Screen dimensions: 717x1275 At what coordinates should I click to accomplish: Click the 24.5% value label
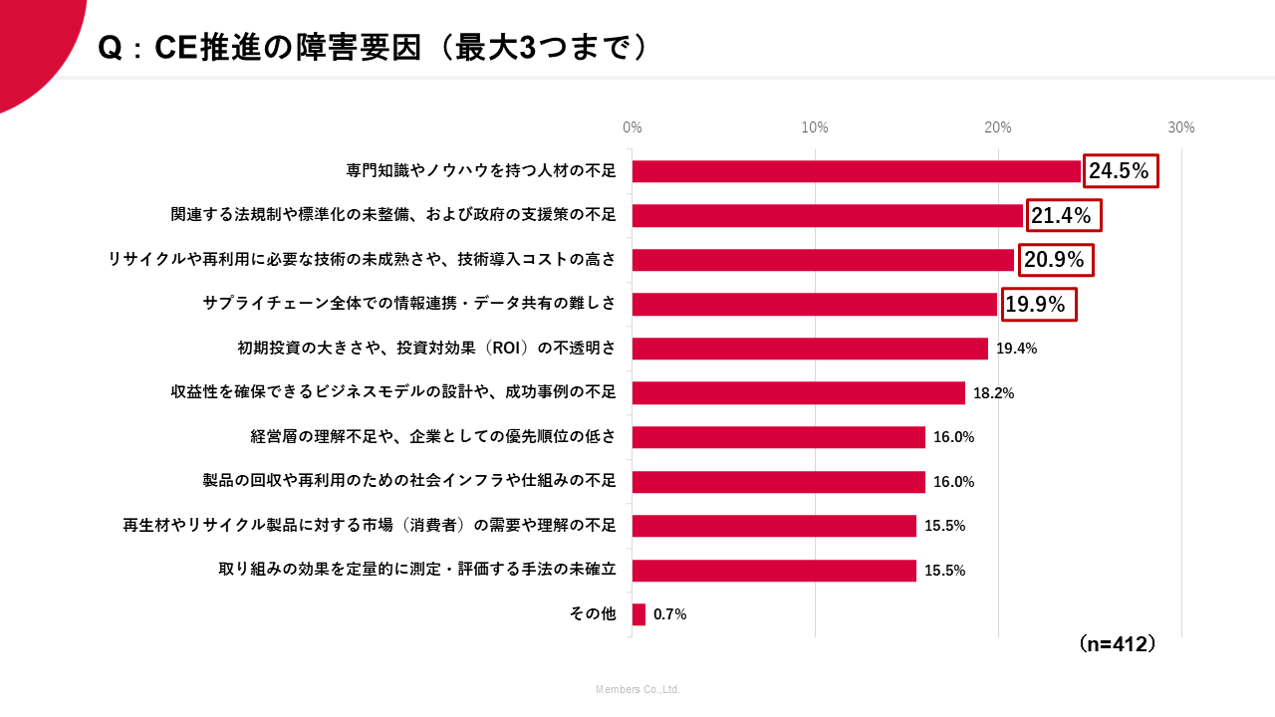point(1120,171)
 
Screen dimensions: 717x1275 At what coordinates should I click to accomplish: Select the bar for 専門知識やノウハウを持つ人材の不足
point(856,171)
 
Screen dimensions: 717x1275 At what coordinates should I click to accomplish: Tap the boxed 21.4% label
point(1062,215)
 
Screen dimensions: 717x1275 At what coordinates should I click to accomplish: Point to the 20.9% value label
point(1054,260)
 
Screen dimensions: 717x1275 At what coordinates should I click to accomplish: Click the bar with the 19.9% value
point(814,304)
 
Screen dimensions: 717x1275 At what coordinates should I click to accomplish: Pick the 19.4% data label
point(1016,349)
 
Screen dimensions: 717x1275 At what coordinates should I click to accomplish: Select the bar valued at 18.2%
point(798,392)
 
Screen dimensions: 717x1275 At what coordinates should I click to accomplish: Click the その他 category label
point(593,614)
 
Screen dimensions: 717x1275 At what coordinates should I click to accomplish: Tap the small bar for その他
point(638,614)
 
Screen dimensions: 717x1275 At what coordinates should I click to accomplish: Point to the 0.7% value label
point(669,614)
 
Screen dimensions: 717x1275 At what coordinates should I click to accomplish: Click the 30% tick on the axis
point(1181,127)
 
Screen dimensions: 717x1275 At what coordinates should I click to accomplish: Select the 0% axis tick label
point(633,127)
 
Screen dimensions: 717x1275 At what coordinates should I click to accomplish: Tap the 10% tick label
point(815,127)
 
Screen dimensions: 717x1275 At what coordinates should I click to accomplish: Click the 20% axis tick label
point(998,127)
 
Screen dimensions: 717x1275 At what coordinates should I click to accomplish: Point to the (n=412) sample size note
point(1118,644)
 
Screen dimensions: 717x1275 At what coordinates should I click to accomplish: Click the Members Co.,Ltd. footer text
point(637,689)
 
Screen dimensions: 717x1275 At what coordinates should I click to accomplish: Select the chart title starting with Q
point(374,48)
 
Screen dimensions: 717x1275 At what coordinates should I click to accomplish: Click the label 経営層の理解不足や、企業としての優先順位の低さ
point(433,437)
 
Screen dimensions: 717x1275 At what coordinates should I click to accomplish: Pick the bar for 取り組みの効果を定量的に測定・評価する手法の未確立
point(774,571)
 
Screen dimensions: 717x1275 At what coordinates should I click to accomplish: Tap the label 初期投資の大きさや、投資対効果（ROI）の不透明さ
point(426,349)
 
